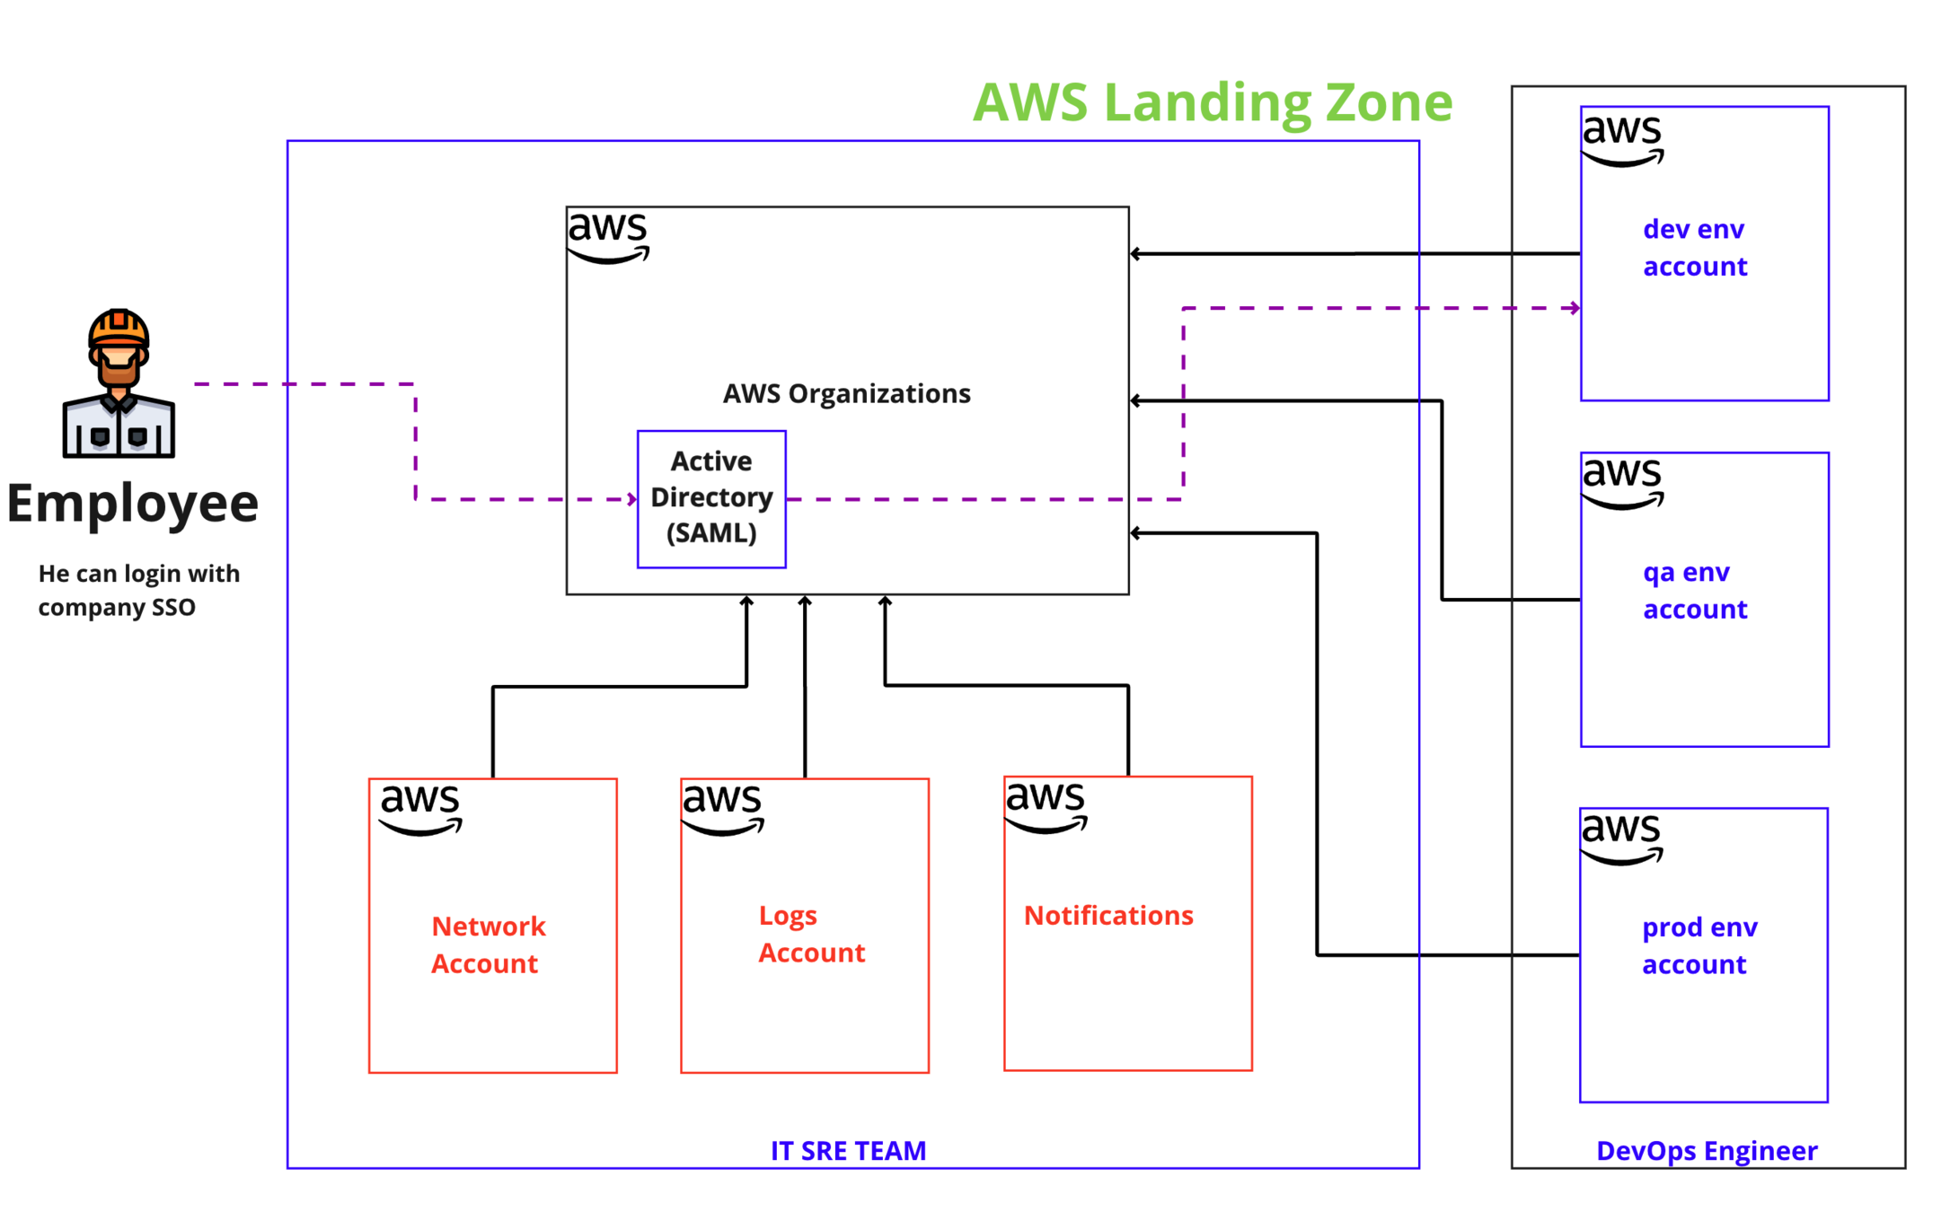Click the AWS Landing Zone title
tap(1212, 102)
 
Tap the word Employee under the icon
tap(133, 503)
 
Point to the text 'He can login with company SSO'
tap(138, 590)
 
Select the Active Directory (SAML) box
tap(711, 498)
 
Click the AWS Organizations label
tap(846, 393)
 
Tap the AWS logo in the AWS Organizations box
tap(608, 236)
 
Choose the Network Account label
tap(488, 944)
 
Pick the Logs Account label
tap(811, 934)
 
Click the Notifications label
tap(1108, 915)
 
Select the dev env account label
tap(1694, 248)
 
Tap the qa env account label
tap(1694, 591)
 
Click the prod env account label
tap(1699, 945)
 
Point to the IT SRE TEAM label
tap(848, 1150)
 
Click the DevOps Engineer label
tap(1706, 1150)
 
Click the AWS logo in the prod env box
tap(1621, 838)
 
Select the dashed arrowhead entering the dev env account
tap(1575, 308)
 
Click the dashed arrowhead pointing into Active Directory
tap(632, 499)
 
